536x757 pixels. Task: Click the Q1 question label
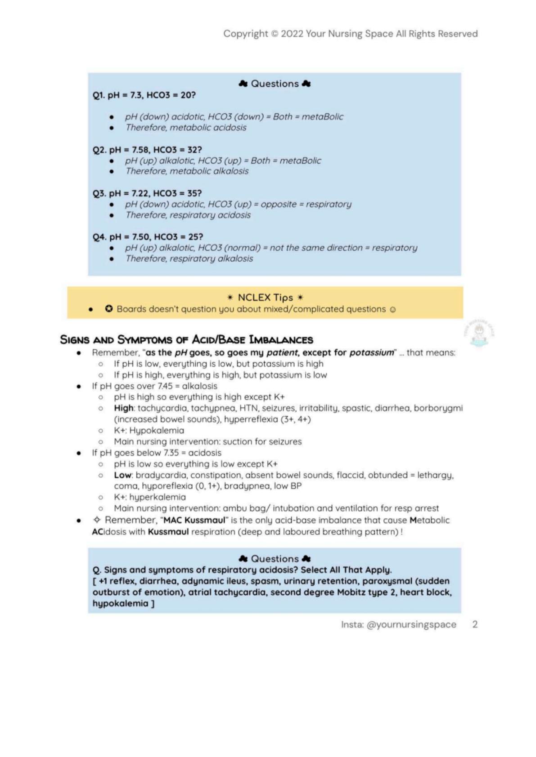point(99,95)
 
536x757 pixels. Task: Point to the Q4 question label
point(99,237)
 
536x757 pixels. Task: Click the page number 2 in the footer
point(475,624)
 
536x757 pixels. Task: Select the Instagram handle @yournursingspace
point(411,624)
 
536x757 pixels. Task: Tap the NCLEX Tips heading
point(265,298)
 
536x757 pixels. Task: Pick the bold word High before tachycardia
point(124,408)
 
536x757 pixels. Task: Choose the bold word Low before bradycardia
point(122,475)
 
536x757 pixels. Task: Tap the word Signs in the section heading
point(74,340)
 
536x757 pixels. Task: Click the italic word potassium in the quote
point(371,352)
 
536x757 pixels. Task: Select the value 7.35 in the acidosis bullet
point(173,453)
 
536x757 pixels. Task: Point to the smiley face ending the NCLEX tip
point(393,310)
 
